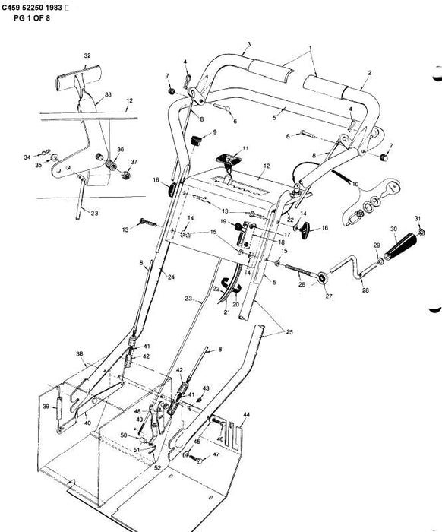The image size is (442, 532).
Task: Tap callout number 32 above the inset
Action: coord(87,55)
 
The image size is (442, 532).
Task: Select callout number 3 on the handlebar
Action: coord(248,46)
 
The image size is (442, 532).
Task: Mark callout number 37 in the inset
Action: coord(134,162)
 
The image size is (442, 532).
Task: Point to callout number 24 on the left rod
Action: coord(170,277)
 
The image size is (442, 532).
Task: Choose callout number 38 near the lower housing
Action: coord(79,354)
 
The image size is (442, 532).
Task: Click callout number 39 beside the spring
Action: coord(46,407)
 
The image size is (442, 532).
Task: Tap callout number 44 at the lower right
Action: coord(245,415)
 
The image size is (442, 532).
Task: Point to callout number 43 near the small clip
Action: coord(205,388)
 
